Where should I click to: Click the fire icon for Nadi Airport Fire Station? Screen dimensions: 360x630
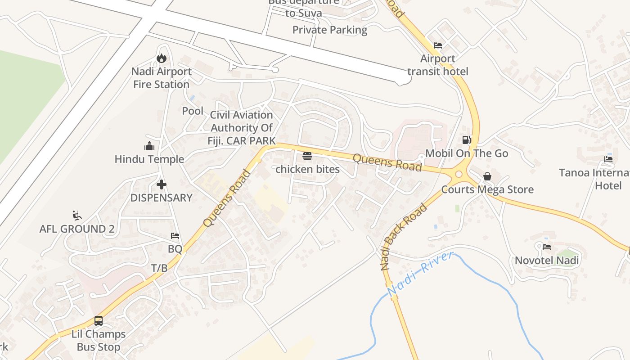click(162, 58)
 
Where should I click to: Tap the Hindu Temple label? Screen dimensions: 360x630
click(149, 159)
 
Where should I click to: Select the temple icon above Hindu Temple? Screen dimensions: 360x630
click(149, 146)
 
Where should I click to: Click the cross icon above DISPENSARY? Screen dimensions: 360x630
click(162, 184)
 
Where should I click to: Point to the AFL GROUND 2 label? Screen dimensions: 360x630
click(77, 229)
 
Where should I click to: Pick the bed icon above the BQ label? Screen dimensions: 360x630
click(175, 236)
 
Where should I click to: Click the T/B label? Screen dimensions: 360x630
click(159, 268)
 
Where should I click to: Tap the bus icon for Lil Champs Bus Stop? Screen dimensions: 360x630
click(99, 321)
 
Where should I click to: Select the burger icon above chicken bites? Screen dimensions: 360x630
click(307, 156)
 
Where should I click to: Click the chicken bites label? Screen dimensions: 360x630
click(307, 170)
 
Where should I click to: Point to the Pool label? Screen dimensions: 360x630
click(193, 111)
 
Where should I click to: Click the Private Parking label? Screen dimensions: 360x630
click(330, 30)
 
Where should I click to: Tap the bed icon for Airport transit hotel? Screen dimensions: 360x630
click(438, 45)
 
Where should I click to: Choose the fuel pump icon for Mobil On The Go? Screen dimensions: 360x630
click(467, 140)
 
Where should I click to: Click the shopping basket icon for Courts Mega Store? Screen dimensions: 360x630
click(487, 176)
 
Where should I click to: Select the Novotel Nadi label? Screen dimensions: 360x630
click(547, 261)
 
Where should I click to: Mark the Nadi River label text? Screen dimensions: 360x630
click(420, 274)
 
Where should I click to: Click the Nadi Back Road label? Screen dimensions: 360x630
click(404, 237)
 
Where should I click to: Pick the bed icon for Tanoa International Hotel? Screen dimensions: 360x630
click(608, 159)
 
